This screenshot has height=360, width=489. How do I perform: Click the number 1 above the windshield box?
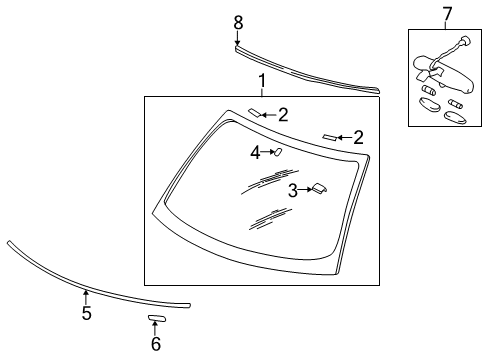pyautogui.click(x=261, y=81)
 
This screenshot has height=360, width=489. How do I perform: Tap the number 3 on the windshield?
pyautogui.click(x=292, y=190)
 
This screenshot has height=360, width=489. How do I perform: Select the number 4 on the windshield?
pyautogui.click(x=255, y=153)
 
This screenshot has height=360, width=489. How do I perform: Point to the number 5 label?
pyautogui.click(x=86, y=314)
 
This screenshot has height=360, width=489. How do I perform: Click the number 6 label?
pyautogui.click(x=155, y=343)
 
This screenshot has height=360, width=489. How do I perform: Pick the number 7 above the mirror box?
pyautogui.click(x=447, y=13)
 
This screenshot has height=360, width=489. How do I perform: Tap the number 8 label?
pyautogui.click(x=238, y=22)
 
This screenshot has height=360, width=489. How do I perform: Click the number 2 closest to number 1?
pyautogui.click(x=283, y=115)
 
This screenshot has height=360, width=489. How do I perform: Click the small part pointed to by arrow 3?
pyautogui.click(x=320, y=187)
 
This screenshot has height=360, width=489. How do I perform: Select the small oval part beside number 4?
pyautogui.click(x=277, y=152)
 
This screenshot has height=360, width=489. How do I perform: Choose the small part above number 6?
pyautogui.click(x=156, y=318)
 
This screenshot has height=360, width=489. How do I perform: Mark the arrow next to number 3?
pyautogui.click(x=305, y=189)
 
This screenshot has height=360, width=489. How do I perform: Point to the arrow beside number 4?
pyautogui.click(x=266, y=153)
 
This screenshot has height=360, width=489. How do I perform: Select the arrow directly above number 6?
pyautogui.click(x=155, y=328)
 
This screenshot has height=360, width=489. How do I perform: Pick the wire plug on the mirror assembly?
pyautogui.click(x=463, y=43)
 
